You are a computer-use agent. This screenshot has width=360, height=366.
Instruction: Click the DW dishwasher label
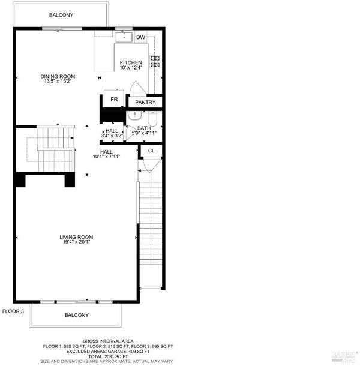[140, 37]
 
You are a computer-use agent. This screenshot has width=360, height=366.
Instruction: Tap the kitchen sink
[124, 37]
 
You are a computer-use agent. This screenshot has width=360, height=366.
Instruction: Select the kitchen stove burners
[155, 62]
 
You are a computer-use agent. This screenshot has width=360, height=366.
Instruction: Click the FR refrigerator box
[114, 98]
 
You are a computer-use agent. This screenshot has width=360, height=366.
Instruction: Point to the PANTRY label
[145, 102]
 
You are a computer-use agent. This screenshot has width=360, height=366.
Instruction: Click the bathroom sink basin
[135, 116]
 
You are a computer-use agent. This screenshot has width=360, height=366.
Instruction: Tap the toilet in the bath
[153, 119]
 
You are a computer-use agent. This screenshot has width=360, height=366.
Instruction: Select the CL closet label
[151, 151]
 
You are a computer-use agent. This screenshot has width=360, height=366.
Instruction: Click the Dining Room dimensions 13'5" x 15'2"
[58, 82]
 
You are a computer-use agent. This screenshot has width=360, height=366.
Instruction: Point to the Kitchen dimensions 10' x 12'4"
[131, 68]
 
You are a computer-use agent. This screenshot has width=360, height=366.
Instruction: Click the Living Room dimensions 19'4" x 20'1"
[76, 242]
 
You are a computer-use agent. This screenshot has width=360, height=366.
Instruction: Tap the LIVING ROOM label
[76, 237]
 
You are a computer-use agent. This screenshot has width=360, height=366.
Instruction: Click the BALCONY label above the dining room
[61, 15]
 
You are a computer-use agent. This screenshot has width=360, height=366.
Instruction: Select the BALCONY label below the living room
[77, 315]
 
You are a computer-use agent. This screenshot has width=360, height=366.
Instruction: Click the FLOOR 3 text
[13, 311]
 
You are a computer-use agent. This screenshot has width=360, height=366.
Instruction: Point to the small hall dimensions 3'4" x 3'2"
[112, 136]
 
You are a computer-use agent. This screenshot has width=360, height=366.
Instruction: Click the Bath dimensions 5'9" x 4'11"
[144, 133]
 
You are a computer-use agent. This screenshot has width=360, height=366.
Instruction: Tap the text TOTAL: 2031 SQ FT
[108, 356]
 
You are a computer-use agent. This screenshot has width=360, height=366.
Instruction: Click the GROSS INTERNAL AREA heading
[108, 341]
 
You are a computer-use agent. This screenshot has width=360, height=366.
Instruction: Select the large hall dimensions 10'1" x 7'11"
[106, 157]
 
